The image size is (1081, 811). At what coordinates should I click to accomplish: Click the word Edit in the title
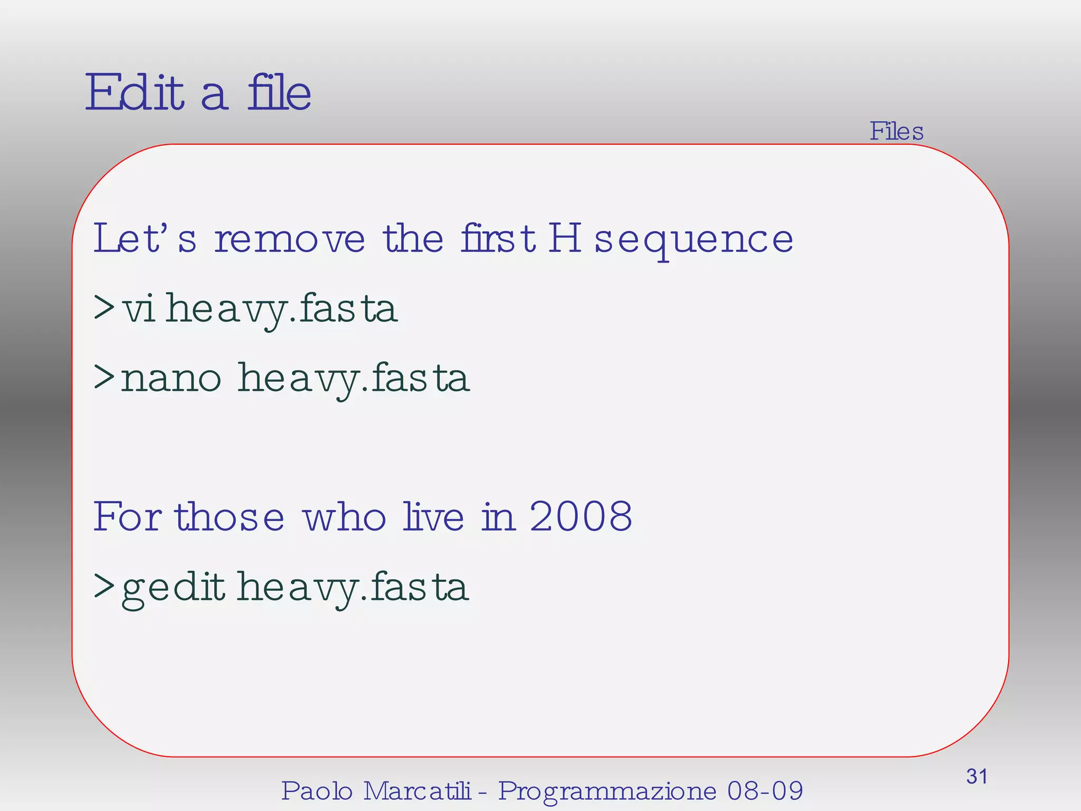(135, 93)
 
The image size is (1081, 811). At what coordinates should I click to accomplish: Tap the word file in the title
(279, 93)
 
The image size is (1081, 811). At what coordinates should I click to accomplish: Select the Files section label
(896, 131)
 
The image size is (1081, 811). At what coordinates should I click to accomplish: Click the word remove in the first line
(289, 239)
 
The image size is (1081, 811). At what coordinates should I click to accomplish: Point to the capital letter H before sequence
(564, 239)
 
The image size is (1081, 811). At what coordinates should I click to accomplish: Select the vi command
(138, 309)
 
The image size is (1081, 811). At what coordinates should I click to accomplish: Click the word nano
(170, 378)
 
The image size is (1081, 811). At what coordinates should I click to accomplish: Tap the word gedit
(173, 588)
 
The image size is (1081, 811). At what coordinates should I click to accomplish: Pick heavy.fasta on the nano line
(353, 379)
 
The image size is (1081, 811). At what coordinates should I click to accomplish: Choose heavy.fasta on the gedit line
(352, 588)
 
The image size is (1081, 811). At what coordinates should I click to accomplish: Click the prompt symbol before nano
(104, 377)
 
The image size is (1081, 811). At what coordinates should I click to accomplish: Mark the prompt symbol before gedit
(104, 586)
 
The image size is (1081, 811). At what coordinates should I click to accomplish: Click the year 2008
(581, 516)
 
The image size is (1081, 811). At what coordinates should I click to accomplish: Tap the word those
(230, 516)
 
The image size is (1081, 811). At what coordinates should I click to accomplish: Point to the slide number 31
(976, 777)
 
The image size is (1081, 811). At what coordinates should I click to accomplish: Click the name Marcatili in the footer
(417, 791)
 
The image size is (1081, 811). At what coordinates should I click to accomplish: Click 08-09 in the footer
(765, 791)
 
